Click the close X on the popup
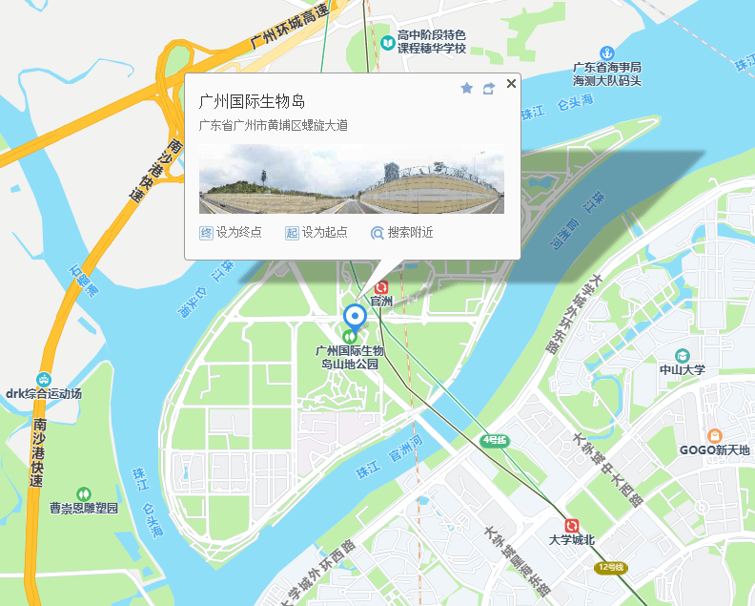pyautogui.click(x=511, y=84)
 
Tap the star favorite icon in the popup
pyautogui.click(x=466, y=88)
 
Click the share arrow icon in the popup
pyautogui.click(x=489, y=88)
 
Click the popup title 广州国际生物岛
pyautogui.click(x=252, y=101)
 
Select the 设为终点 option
pyautogui.click(x=231, y=232)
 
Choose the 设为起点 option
pyautogui.click(x=316, y=232)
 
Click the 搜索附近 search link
pyautogui.click(x=402, y=232)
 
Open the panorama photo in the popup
pyautogui.click(x=351, y=179)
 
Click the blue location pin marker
pyautogui.click(x=355, y=317)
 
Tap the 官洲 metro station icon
pyautogui.click(x=382, y=286)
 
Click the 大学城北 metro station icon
pyautogui.click(x=572, y=525)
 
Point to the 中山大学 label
pyautogui.click(x=683, y=369)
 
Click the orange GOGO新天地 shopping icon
pyautogui.click(x=715, y=435)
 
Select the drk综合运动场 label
pyautogui.click(x=44, y=393)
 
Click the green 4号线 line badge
pyautogui.click(x=495, y=440)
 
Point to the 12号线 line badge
pyautogui.click(x=610, y=567)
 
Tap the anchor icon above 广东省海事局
pyautogui.click(x=605, y=52)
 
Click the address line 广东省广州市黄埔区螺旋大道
pyautogui.click(x=273, y=125)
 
